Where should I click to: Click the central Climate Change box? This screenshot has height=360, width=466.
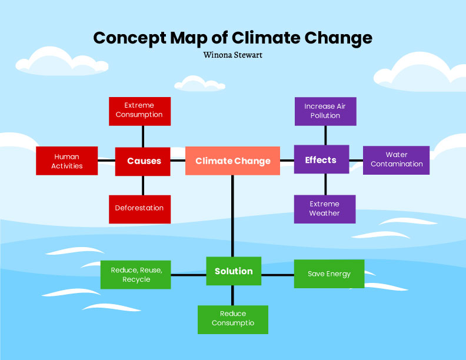pyautogui.click(x=232, y=161)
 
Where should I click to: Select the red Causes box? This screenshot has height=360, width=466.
pyautogui.click(x=143, y=161)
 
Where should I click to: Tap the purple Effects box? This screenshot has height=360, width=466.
pyautogui.click(x=321, y=159)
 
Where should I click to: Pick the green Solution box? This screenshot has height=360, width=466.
pyautogui.click(x=234, y=271)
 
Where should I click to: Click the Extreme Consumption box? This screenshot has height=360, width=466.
pyautogui.click(x=139, y=111)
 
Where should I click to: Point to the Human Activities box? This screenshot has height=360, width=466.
pyautogui.click(x=66, y=161)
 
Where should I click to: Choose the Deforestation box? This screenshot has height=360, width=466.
pyautogui.click(x=139, y=209)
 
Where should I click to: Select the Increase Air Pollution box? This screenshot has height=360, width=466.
pyautogui.click(x=325, y=111)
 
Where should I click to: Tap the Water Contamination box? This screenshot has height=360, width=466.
pyautogui.click(x=396, y=160)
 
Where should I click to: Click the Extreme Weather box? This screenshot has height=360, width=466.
pyautogui.click(x=325, y=209)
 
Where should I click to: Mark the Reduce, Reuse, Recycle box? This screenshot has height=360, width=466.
pyautogui.click(x=136, y=275)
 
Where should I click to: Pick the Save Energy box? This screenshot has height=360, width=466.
pyautogui.click(x=329, y=274)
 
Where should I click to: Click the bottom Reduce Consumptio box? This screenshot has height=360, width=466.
pyautogui.click(x=233, y=319)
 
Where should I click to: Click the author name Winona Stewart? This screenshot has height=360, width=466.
pyautogui.click(x=232, y=55)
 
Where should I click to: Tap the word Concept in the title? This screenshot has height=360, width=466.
pyautogui.click(x=121, y=38)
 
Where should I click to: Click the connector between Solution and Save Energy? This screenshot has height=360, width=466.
pyautogui.click(x=278, y=275)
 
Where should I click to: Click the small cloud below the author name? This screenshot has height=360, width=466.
pyautogui.click(x=200, y=83)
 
